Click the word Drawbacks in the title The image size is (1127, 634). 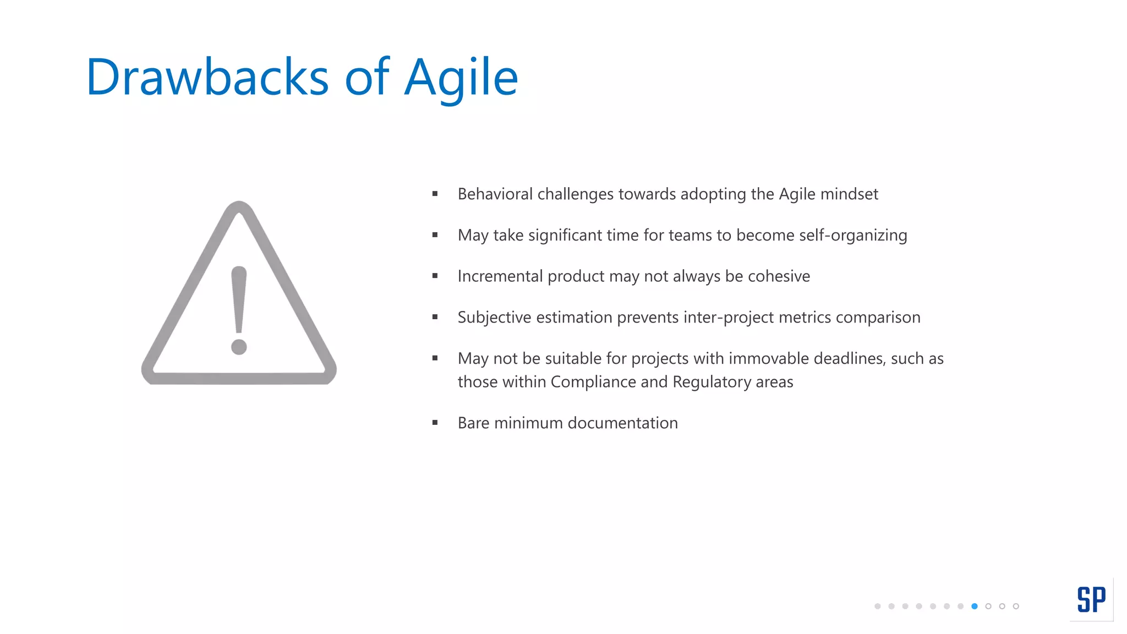point(207,77)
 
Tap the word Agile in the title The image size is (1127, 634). point(461,77)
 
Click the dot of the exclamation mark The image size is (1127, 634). point(239,347)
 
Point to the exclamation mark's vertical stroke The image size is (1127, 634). point(239,300)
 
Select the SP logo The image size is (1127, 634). point(1091,599)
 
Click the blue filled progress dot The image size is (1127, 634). point(975,606)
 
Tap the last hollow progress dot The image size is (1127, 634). point(1016,606)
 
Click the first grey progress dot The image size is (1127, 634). point(877,606)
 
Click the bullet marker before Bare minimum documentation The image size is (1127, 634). point(435,423)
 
